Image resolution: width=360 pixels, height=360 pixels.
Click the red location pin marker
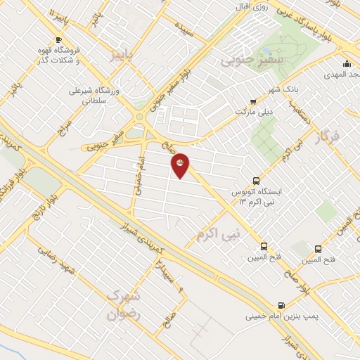tap(180, 165)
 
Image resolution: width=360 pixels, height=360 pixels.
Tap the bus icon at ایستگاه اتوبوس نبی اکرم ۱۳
tap(256, 181)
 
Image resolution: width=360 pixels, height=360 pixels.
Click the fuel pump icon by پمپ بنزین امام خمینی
tap(281, 306)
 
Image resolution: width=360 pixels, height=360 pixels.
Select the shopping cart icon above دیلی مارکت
tap(253, 102)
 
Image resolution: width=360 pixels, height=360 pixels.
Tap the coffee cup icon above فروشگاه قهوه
tap(58, 39)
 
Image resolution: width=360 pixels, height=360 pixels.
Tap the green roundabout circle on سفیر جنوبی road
tap(139, 117)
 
